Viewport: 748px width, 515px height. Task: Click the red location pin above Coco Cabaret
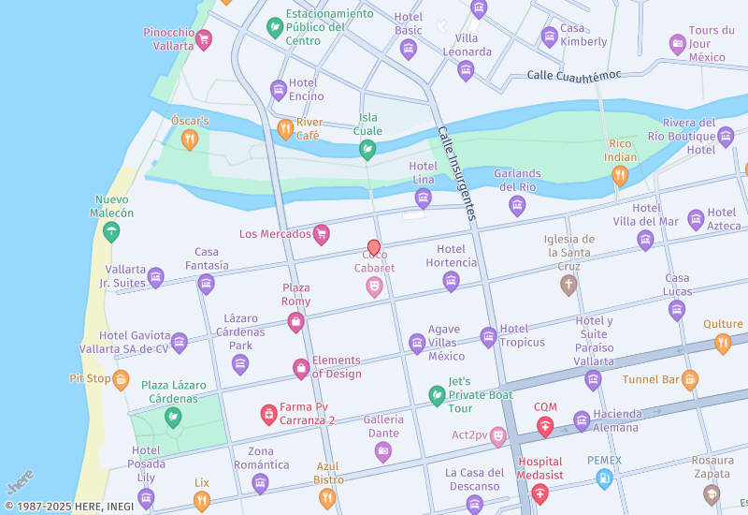[x=374, y=247]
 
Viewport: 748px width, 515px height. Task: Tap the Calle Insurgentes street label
[x=457, y=173]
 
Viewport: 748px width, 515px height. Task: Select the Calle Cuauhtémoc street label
[x=573, y=75]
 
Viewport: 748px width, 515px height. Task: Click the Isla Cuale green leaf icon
[x=367, y=150]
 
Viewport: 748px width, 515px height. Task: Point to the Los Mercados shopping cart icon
[x=322, y=234]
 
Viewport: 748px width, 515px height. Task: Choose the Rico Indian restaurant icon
[x=619, y=175]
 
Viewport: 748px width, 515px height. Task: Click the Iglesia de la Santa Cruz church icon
[x=568, y=286]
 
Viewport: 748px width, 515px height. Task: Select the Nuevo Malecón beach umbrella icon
[x=111, y=231]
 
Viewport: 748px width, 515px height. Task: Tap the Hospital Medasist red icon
[x=539, y=491]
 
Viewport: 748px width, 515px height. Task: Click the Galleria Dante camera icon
[x=382, y=452]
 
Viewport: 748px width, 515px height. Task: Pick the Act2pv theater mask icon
[x=497, y=435]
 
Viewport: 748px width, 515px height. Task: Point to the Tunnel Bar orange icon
[x=690, y=379]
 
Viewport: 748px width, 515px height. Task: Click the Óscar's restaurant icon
[x=190, y=140]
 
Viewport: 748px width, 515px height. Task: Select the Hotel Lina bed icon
[x=423, y=198]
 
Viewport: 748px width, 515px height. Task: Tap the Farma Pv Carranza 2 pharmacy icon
[x=268, y=413]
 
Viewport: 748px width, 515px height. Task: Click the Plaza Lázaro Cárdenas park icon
[x=172, y=418]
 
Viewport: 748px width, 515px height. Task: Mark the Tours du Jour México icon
[x=678, y=44]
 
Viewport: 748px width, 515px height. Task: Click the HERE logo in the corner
[x=20, y=482]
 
